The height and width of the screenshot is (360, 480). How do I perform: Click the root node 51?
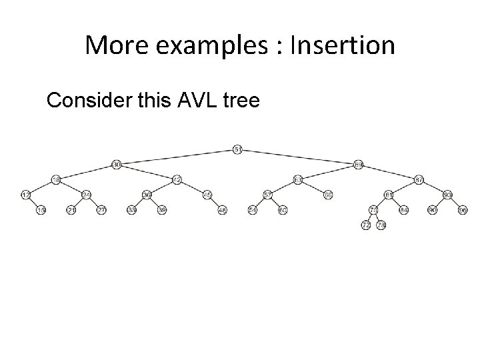click(238, 149)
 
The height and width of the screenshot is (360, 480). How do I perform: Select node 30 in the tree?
click(116, 164)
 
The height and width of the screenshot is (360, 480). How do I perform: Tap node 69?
click(359, 164)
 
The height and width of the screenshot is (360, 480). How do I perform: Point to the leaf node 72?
click(366, 225)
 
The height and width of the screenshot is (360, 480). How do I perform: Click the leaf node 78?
click(381, 225)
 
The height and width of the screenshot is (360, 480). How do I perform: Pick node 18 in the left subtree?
click(57, 179)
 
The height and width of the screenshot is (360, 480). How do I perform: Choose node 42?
click(177, 179)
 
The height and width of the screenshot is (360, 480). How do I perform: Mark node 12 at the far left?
click(25, 195)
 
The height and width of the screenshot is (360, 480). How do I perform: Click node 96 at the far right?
click(463, 210)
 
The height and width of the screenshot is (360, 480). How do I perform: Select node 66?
click(328, 195)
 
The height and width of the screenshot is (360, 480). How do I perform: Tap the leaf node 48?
click(223, 210)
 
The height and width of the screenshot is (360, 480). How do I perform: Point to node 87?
click(419, 179)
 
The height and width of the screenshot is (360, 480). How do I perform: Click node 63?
click(297, 179)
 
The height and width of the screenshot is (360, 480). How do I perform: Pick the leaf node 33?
click(131, 210)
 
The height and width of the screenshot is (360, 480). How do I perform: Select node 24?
click(87, 195)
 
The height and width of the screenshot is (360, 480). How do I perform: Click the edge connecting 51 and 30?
click(177, 157)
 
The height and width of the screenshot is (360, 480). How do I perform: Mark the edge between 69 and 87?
click(389, 172)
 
